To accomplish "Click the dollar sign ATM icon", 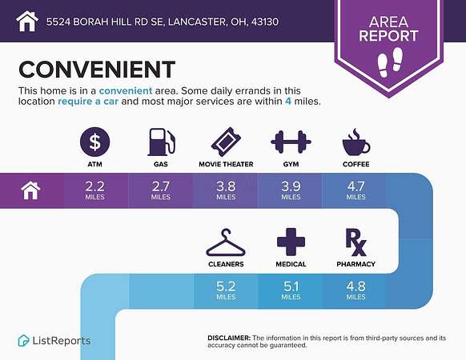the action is pos(94,142).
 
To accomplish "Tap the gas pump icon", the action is pos(162,142).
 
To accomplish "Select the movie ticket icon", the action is pos(226,142).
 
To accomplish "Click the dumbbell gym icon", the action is pos(291,142).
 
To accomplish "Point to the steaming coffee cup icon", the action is pos(356,142).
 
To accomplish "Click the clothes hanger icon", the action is pos(226,242).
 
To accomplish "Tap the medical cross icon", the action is pos(291,242).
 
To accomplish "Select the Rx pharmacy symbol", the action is pos(356,242).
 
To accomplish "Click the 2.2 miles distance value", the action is pos(94,190).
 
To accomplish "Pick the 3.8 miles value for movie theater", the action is pos(226,190).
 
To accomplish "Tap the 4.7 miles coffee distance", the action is pos(356,190).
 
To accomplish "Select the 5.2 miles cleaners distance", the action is pos(226,290).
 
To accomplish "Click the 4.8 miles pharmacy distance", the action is pos(356,290).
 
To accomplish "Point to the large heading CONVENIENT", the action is pos(97,70).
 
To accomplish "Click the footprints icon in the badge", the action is pos(390,62).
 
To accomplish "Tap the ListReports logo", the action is pos(54,340).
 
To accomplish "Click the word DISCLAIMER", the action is pos(229,338).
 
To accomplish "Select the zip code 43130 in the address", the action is pos(265,22).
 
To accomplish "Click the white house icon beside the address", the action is pos(27,21).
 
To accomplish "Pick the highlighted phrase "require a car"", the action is pos(88,102).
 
